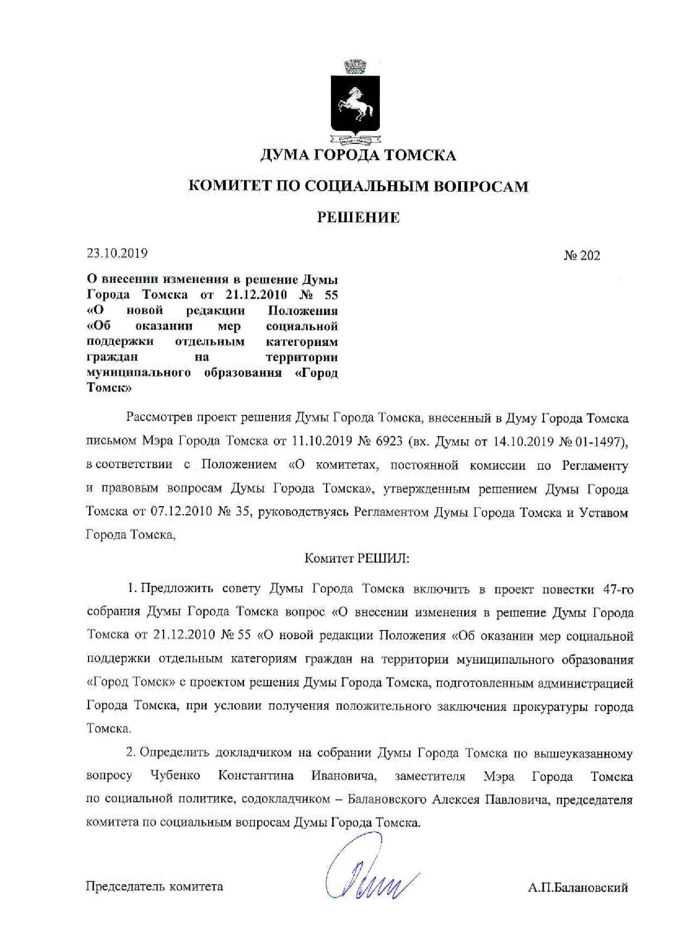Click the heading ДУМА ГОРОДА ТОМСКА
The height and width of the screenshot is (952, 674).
(358, 156)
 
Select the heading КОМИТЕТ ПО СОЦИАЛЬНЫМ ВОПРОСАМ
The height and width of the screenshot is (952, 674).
(358, 187)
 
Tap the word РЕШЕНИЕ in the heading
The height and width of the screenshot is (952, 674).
(358, 218)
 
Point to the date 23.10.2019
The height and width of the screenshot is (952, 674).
(117, 253)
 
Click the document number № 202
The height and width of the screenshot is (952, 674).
(582, 256)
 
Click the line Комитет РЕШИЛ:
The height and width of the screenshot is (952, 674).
(357, 558)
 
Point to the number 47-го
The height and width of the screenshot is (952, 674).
(618, 590)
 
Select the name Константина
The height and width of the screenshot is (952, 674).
(256, 776)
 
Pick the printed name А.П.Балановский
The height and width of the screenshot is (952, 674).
(577, 888)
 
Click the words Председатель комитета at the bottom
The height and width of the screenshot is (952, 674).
(154, 887)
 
